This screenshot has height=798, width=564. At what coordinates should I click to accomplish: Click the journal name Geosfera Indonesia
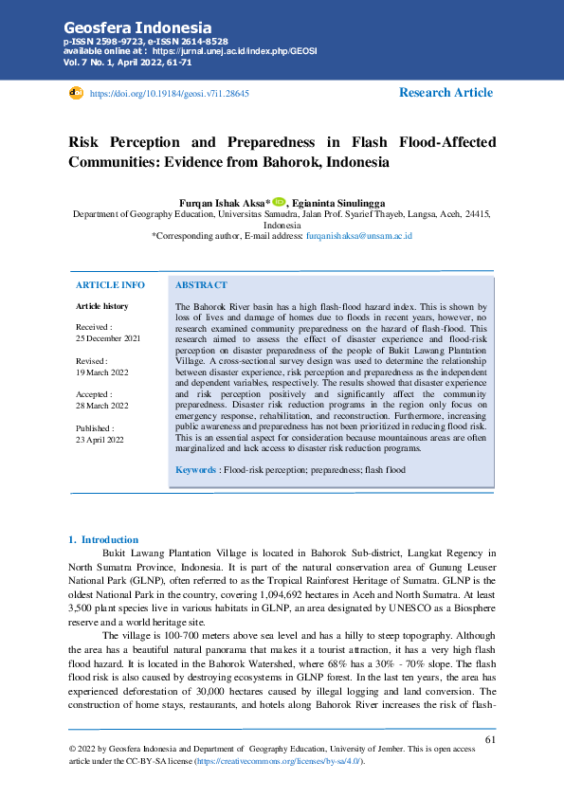(x=137, y=27)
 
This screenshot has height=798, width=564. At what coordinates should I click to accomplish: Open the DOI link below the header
(x=169, y=95)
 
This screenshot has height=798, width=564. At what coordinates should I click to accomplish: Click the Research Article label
(x=446, y=93)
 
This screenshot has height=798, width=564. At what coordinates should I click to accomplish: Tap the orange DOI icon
(x=77, y=94)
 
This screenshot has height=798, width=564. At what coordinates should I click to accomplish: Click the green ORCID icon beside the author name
(x=279, y=202)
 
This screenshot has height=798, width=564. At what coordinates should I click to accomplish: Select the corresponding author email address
(x=358, y=235)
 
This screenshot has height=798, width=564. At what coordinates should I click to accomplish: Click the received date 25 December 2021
(x=107, y=338)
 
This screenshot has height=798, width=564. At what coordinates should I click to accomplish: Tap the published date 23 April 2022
(x=100, y=440)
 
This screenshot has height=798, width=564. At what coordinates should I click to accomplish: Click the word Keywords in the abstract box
(x=196, y=470)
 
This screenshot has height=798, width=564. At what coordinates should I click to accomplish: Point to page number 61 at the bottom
(x=490, y=739)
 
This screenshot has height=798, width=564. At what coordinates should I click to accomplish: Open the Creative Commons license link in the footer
(x=281, y=761)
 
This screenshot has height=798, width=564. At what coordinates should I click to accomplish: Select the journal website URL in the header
(x=224, y=52)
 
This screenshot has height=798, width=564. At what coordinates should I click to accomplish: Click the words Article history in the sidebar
(x=101, y=306)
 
